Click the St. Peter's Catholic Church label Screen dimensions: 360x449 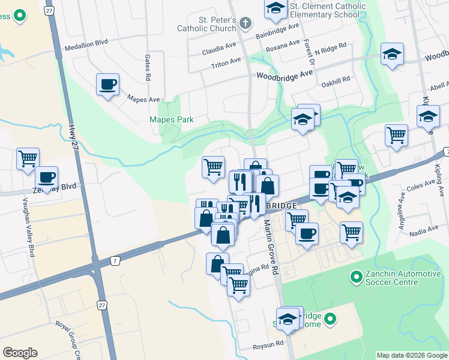pyautogui.click(x=206, y=23)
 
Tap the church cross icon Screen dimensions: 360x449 pyautogui.click(x=245, y=23)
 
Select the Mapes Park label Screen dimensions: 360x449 pyautogui.click(x=171, y=119)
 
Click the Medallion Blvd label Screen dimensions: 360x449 pyautogui.click(x=86, y=44)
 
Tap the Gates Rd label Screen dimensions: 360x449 pyautogui.click(x=148, y=68)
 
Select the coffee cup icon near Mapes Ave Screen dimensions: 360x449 pyautogui.click(x=107, y=85)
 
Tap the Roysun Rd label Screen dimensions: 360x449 pyautogui.click(x=268, y=344)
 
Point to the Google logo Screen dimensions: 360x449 pyautogui.click(x=20, y=352)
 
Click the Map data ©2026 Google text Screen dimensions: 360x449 pyautogui.click(x=411, y=355)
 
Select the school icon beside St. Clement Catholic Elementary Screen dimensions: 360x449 pyautogui.click(x=276, y=8)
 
